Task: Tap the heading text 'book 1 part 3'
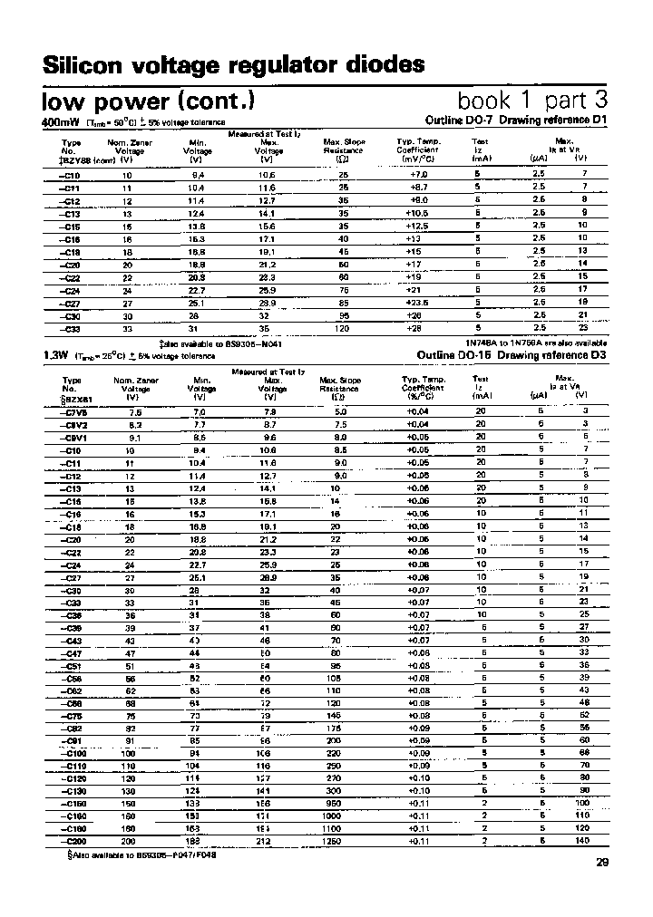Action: [x=531, y=100]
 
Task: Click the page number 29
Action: [x=603, y=863]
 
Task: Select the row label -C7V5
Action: [x=71, y=410]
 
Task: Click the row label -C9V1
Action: [x=71, y=436]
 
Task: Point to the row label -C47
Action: [x=71, y=652]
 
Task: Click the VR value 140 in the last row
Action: [x=582, y=841]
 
